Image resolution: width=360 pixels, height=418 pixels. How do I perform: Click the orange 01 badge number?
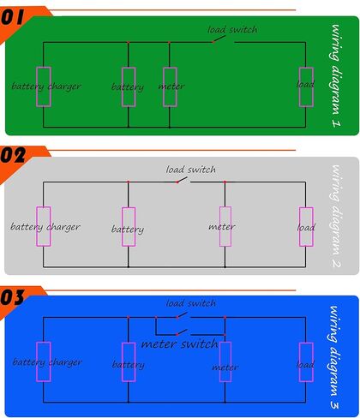(13, 17)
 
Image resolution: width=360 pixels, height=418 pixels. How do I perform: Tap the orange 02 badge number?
(13, 155)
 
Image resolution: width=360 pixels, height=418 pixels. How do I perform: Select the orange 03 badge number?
(12, 297)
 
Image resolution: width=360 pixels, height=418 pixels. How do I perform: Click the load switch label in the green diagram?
(232, 29)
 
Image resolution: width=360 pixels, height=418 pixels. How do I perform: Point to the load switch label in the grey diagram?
(191, 170)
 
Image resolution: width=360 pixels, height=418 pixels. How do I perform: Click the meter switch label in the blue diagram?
(180, 343)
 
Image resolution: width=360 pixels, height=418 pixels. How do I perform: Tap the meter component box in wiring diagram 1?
(170, 87)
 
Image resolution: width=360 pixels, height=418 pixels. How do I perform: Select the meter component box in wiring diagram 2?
(225, 226)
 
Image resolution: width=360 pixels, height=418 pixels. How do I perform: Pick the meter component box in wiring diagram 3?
(225, 361)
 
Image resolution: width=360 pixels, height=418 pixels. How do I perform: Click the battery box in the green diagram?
(129, 87)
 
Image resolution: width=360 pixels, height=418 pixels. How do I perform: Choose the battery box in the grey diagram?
(129, 227)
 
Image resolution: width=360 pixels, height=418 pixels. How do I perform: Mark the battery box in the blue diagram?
(129, 362)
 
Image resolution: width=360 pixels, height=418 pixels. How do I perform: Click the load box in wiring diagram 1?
(306, 87)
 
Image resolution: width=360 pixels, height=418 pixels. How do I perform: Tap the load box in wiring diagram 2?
(306, 227)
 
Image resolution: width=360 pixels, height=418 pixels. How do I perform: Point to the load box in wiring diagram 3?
(306, 362)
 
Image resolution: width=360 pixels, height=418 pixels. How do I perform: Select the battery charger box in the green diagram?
(44, 87)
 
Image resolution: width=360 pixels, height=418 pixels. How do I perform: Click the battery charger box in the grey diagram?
(44, 226)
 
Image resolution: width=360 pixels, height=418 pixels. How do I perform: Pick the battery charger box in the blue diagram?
(44, 361)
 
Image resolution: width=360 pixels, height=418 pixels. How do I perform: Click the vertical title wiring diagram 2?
(336, 216)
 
